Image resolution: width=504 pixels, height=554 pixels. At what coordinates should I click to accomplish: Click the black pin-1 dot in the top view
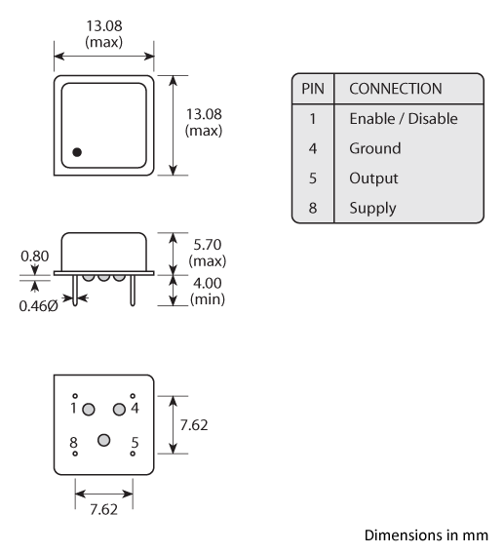click(77, 152)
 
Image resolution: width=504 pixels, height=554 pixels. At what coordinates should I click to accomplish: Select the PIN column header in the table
click(312, 89)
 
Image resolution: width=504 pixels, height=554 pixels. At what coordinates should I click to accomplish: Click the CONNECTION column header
click(395, 89)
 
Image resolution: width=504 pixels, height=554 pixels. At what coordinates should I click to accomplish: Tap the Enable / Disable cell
click(403, 118)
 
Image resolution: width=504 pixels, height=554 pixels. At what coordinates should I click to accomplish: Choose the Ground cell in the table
click(374, 148)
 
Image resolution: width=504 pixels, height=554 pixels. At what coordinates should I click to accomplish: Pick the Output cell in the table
click(372, 178)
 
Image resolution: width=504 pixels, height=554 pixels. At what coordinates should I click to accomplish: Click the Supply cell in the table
click(371, 208)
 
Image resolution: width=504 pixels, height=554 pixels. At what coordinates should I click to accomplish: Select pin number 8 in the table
click(312, 208)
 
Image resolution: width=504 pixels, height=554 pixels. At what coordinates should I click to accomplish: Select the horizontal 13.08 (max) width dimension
click(103, 35)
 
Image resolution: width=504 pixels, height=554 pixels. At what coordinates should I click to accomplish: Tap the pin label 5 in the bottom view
click(135, 442)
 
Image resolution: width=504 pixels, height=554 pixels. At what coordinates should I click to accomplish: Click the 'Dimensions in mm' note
click(425, 535)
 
